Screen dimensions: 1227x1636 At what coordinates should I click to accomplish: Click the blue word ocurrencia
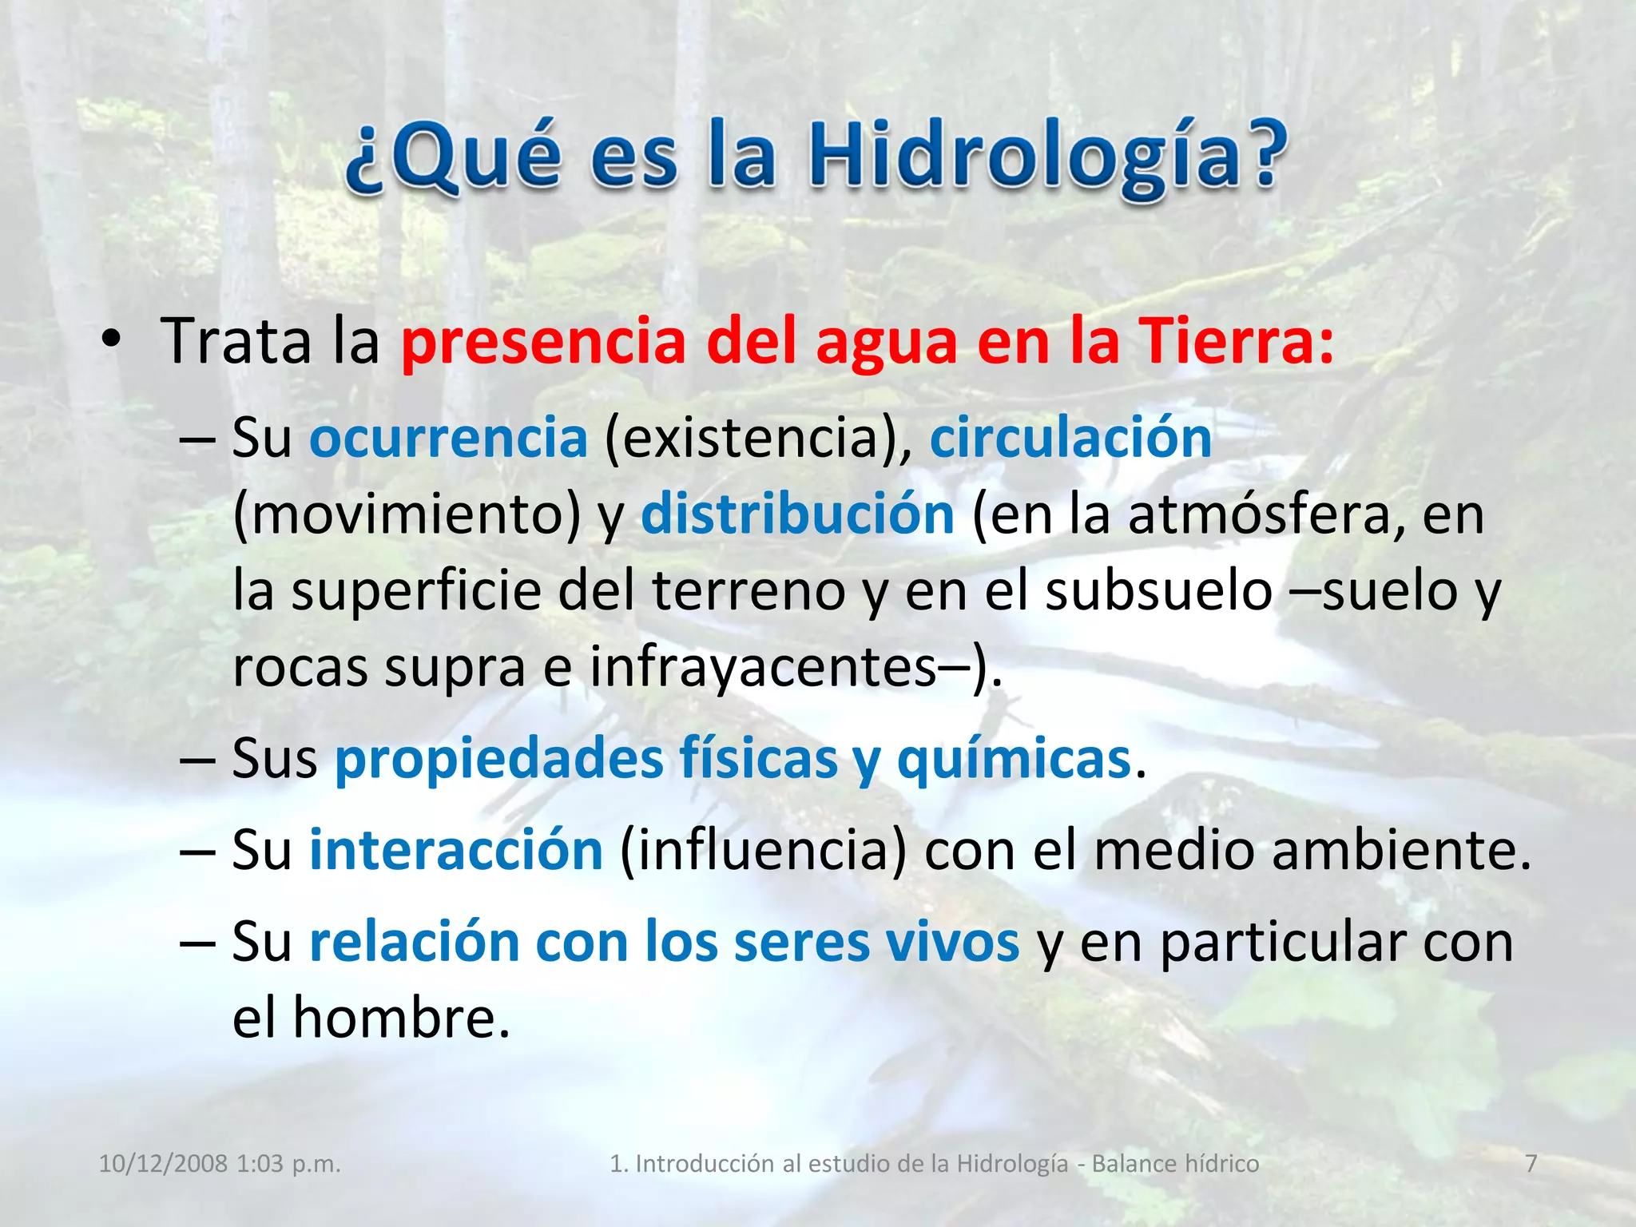[448, 439]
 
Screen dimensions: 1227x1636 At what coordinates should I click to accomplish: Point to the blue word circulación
[1070, 439]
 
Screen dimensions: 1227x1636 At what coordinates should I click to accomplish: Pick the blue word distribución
[797, 514]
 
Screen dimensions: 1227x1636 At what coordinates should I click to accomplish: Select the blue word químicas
[1013, 759]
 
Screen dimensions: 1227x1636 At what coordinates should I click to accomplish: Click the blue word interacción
[455, 850]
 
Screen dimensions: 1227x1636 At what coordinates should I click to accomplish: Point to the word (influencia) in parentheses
[764, 850]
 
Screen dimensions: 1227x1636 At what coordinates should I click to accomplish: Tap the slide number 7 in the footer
[1531, 1164]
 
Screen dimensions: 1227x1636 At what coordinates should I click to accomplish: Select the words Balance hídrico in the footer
[1175, 1164]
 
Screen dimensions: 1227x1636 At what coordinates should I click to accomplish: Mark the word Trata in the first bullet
[236, 342]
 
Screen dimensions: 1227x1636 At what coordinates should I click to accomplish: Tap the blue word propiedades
[498, 759]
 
